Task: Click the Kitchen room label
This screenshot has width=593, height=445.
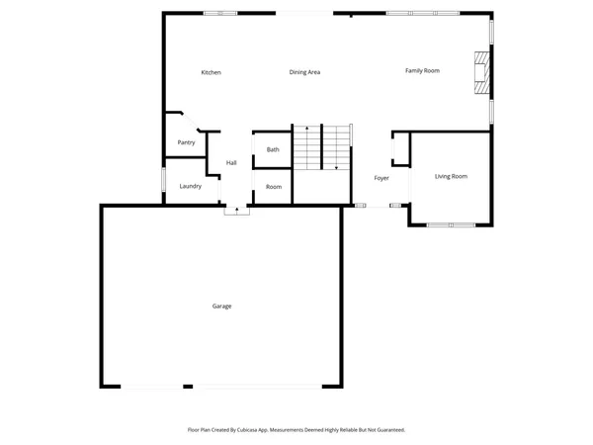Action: [x=211, y=72]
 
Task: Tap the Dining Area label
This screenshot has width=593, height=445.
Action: [x=304, y=72]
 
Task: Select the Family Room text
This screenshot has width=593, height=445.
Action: [x=422, y=70]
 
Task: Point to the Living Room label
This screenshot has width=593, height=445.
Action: [x=451, y=176]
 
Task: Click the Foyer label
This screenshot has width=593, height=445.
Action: [x=381, y=178]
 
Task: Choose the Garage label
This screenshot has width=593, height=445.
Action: [x=221, y=306]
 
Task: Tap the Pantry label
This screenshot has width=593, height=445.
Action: [x=186, y=142]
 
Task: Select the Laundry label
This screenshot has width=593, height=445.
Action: [x=191, y=186]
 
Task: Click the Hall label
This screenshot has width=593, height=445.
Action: [x=231, y=162]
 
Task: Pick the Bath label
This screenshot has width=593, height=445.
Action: [x=273, y=149]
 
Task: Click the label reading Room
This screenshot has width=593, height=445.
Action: [x=274, y=186]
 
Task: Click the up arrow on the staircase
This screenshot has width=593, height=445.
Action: [x=306, y=130]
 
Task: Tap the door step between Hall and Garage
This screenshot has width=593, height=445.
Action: [x=236, y=210]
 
